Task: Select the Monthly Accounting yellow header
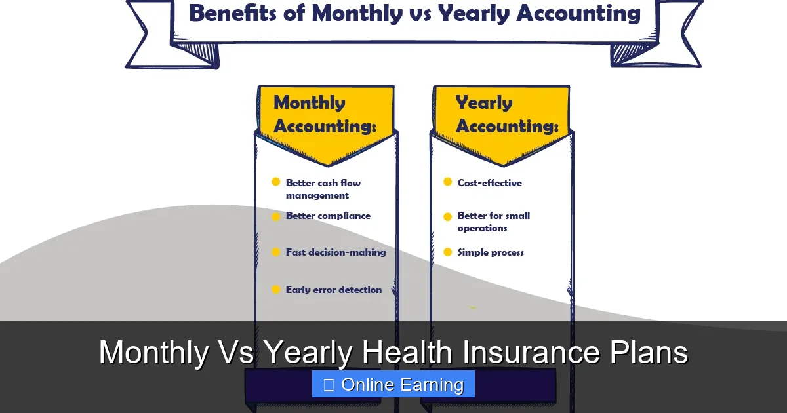pyautogui.click(x=325, y=115)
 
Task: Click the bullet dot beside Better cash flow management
pyautogui.click(x=276, y=182)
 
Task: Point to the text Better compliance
pyautogui.click(x=328, y=216)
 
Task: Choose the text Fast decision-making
pyautogui.click(x=336, y=252)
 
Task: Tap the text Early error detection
pyautogui.click(x=334, y=290)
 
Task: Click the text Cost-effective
pyautogui.click(x=490, y=183)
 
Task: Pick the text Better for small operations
pyautogui.click(x=493, y=222)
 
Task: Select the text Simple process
pyautogui.click(x=491, y=252)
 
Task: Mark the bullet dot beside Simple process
pyautogui.click(x=448, y=252)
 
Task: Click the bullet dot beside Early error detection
pyautogui.click(x=276, y=289)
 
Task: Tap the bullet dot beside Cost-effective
pyautogui.click(x=448, y=182)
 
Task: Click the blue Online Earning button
pyautogui.click(x=393, y=385)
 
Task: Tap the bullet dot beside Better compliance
pyautogui.click(x=276, y=216)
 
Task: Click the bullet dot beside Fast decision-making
pyautogui.click(x=276, y=252)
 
